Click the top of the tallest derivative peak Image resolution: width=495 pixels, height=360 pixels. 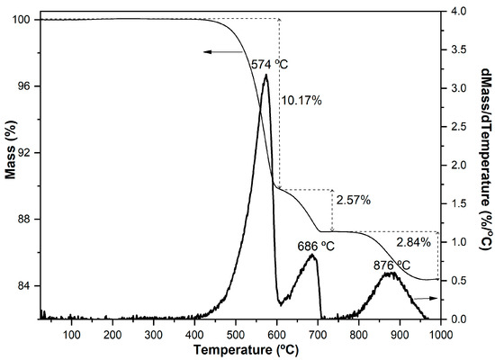(x=265, y=76)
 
